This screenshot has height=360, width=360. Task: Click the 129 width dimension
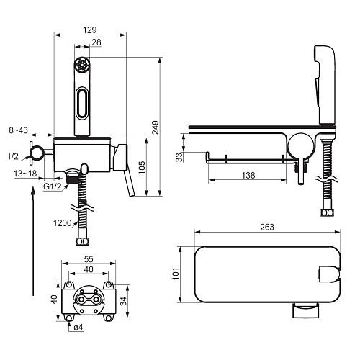point(90,30)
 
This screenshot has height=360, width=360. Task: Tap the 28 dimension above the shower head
point(96,42)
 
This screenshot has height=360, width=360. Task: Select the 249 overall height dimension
point(156,127)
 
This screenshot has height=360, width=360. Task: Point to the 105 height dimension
point(142,167)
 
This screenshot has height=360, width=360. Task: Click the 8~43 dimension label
point(19,130)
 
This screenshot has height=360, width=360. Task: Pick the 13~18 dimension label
point(25,174)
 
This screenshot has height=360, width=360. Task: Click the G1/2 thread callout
point(53,186)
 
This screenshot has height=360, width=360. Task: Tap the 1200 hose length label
point(62,223)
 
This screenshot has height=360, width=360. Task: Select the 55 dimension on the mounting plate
point(89,259)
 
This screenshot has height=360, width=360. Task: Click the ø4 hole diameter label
point(78,328)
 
